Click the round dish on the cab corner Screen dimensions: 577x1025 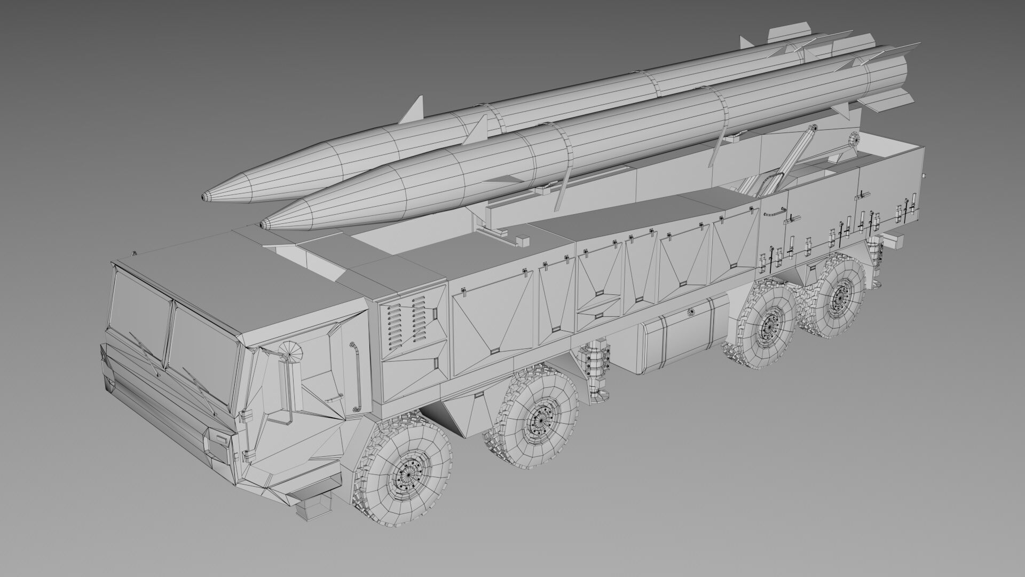click(x=290, y=350)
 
